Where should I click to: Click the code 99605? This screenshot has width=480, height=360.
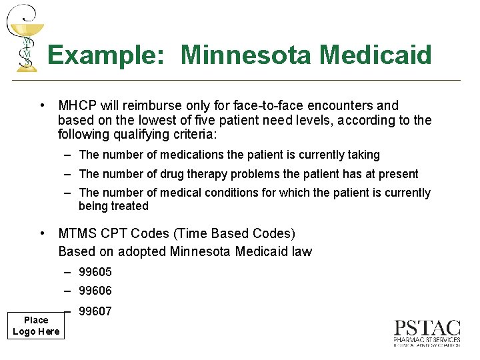(x=95, y=272)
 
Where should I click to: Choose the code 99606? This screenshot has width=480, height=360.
(x=95, y=291)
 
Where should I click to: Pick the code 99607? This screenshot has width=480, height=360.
(x=95, y=311)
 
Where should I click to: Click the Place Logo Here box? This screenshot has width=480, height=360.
(x=36, y=325)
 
